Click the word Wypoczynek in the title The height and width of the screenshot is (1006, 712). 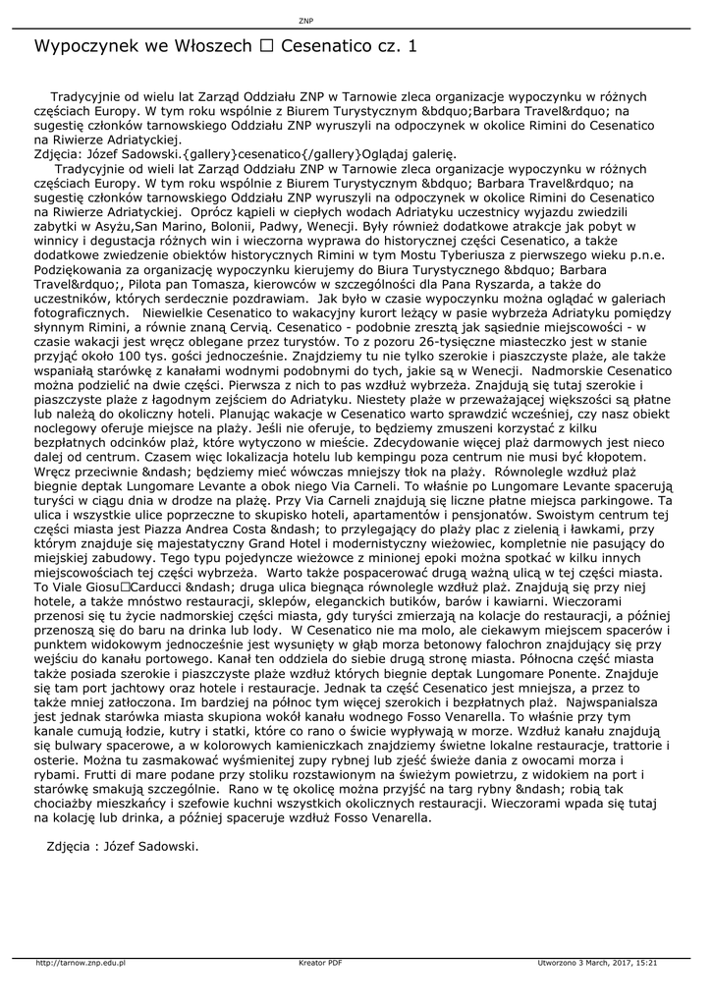click(x=84, y=45)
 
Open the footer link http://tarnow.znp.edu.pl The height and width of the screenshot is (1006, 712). click(x=81, y=963)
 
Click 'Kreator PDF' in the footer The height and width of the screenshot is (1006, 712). click(x=320, y=963)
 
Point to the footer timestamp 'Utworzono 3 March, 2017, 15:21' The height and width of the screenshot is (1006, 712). click(x=597, y=963)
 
